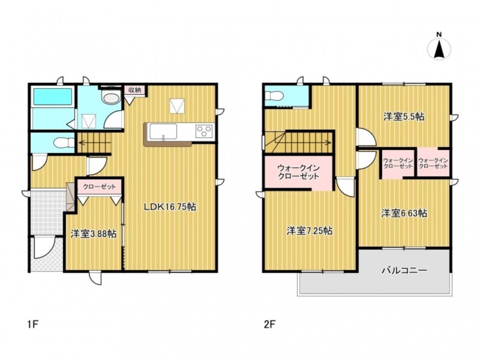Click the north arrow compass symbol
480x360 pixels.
(x=439, y=49)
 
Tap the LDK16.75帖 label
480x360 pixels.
(x=170, y=207)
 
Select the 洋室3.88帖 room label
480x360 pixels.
(x=94, y=234)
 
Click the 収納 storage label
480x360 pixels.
(x=134, y=90)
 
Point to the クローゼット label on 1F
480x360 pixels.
(x=100, y=187)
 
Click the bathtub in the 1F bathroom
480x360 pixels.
(x=53, y=97)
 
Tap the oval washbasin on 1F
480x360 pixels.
(x=111, y=98)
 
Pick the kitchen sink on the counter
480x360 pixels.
(x=163, y=131)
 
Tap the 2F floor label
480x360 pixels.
(x=270, y=324)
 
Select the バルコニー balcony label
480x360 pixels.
(x=404, y=271)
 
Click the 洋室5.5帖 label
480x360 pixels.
(x=404, y=116)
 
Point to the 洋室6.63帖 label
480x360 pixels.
(x=404, y=213)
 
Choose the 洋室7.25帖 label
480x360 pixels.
(x=310, y=231)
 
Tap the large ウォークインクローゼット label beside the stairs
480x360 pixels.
(x=298, y=172)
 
